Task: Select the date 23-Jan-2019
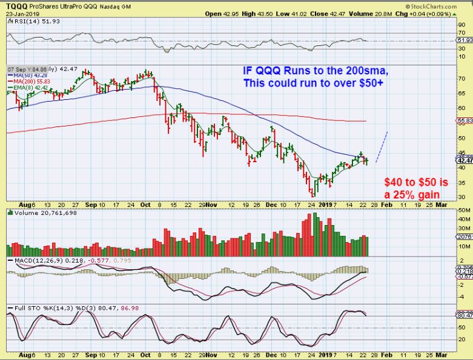click(x=18, y=13)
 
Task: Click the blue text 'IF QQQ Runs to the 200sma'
click(x=315, y=70)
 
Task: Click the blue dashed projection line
click(x=382, y=147)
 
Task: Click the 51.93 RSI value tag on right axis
click(x=465, y=40)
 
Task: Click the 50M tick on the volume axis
click(x=465, y=218)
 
